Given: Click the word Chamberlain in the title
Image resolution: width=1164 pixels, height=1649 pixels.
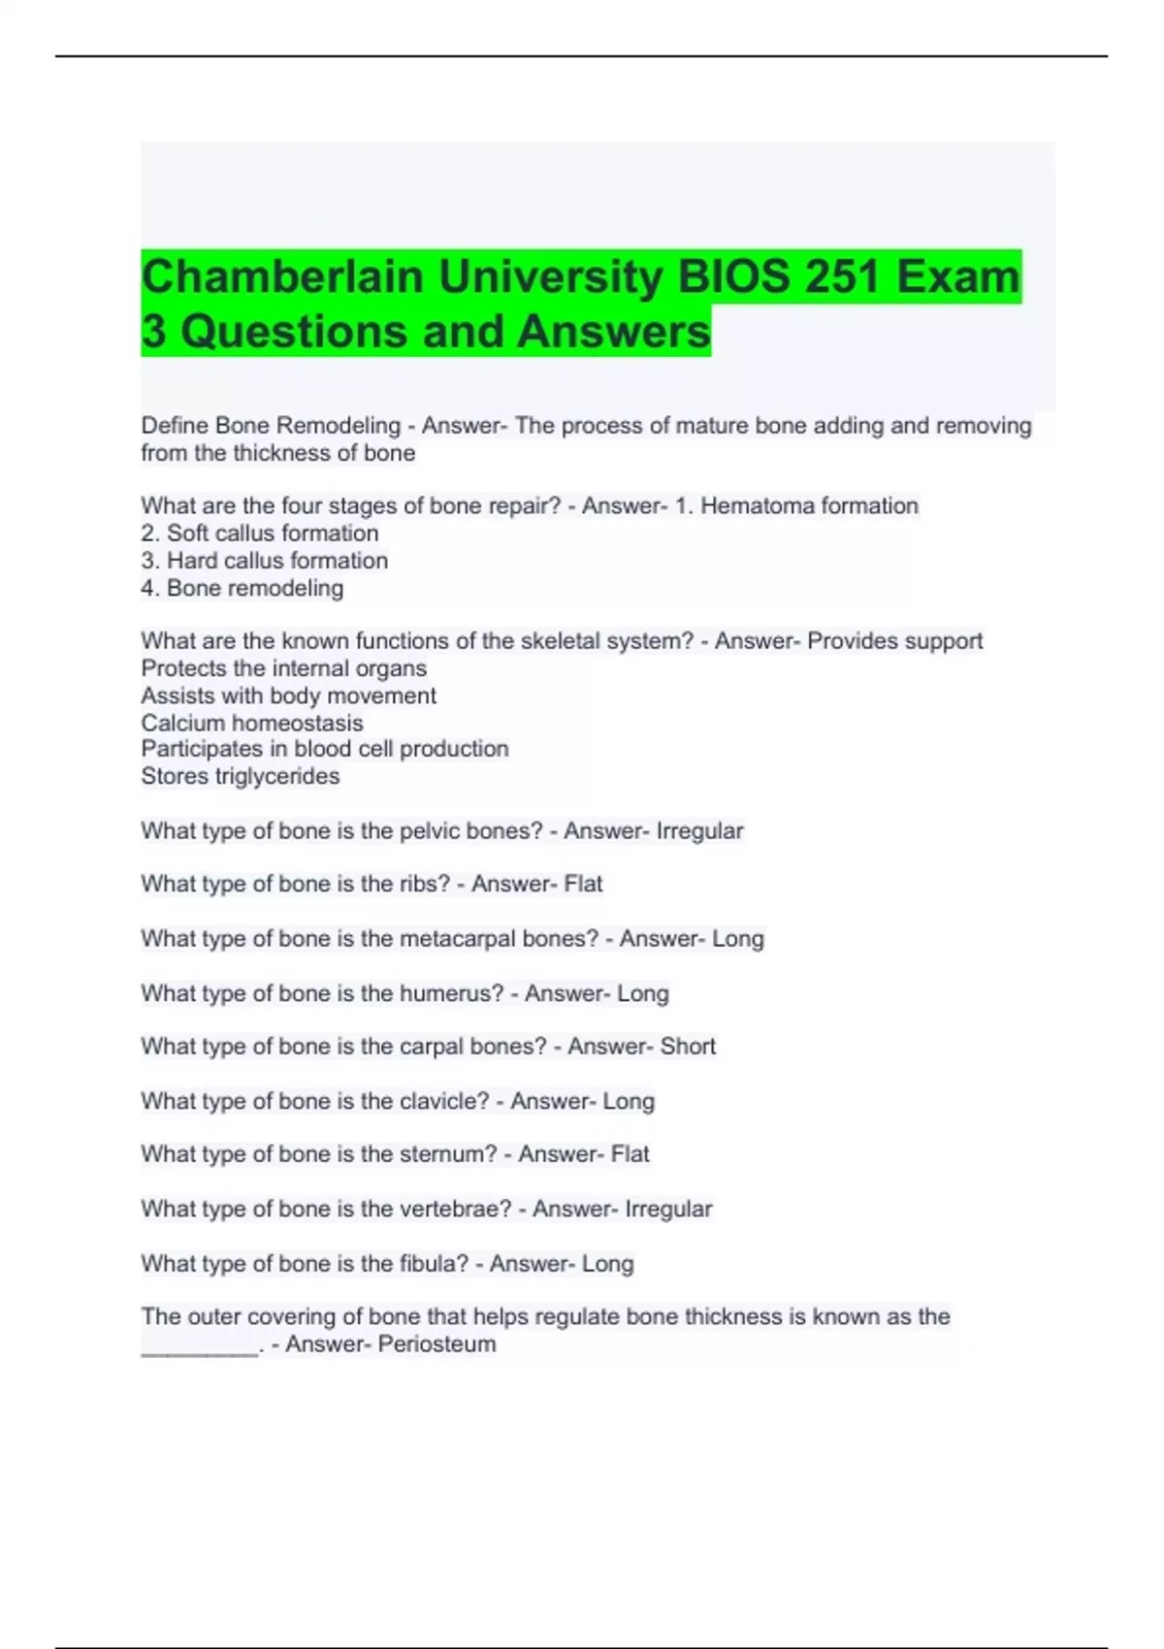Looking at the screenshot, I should point(282,277).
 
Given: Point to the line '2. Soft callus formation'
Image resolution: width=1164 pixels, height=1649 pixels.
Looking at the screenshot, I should point(259,533).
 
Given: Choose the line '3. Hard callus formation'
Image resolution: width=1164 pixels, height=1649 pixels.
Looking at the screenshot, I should point(264,561).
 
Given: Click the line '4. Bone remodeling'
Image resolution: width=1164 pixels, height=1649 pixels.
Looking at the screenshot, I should point(242,588).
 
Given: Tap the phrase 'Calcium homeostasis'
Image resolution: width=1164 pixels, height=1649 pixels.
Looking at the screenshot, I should point(251,723).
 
